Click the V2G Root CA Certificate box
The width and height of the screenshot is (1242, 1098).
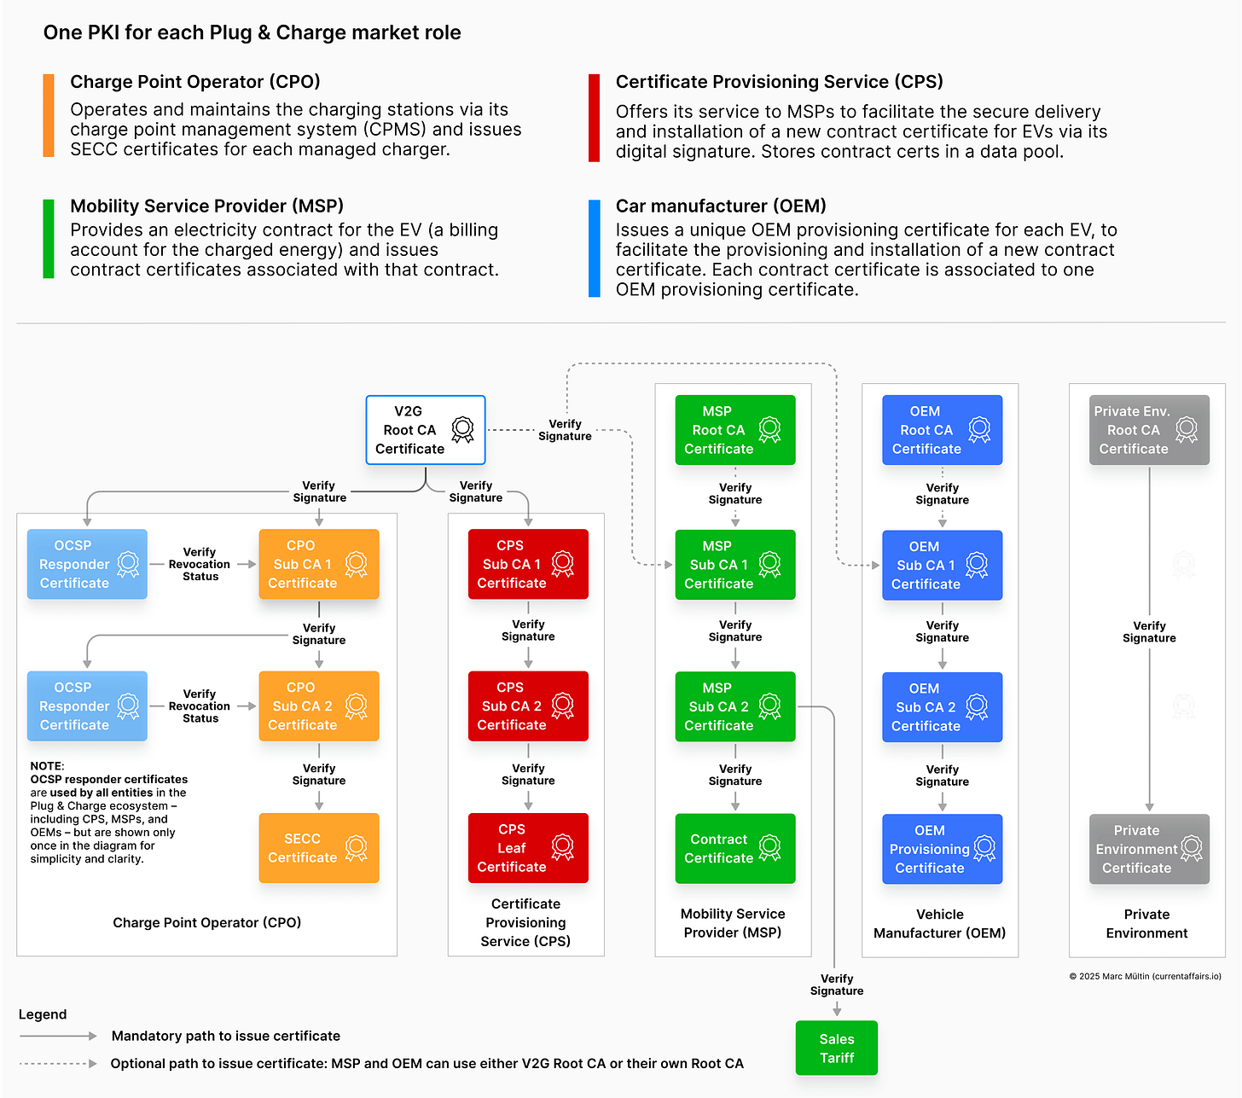[425, 430]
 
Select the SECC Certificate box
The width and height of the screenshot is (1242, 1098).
[318, 848]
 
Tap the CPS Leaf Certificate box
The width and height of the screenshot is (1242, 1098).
[528, 848]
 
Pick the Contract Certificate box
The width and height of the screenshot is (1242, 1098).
[734, 849]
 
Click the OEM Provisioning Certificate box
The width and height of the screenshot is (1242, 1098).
[942, 849]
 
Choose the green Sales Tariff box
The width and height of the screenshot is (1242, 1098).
[836, 1048]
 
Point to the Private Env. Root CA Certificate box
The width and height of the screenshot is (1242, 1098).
[1149, 430]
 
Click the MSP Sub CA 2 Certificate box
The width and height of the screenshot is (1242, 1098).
[734, 706]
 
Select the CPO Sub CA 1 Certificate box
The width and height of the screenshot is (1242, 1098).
[318, 564]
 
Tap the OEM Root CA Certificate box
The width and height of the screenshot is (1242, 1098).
[942, 430]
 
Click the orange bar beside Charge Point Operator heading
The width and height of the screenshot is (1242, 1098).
[49, 115]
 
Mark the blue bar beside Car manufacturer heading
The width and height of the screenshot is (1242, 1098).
[595, 248]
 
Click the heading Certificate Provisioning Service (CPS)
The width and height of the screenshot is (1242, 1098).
[779, 82]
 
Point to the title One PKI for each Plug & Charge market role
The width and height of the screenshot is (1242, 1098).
[252, 32]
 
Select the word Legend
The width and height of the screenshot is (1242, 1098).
[43, 1014]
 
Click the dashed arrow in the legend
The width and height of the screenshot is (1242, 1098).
[58, 1063]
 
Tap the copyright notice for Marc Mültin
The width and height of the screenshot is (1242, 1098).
[1145, 976]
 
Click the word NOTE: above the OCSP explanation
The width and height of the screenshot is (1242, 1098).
[47, 766]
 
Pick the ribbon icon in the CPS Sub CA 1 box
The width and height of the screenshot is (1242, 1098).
[562, 563]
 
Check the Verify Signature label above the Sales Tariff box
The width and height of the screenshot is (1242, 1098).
[836, 985]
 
